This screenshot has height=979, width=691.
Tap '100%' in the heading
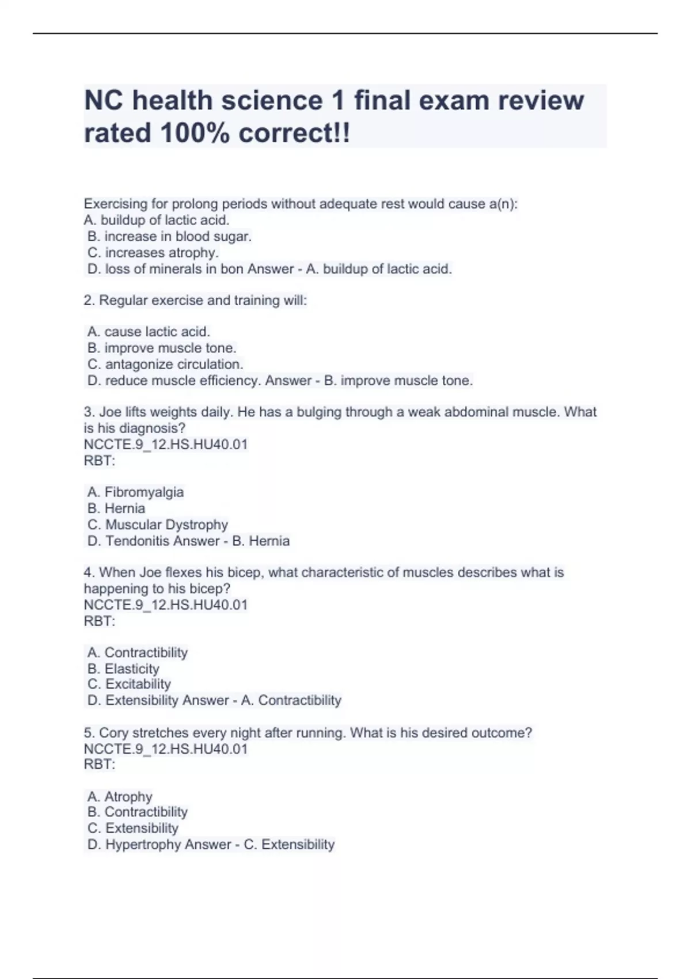(195, 134)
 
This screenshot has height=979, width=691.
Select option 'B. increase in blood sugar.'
(169, 237)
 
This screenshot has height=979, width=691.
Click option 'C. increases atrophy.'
(153, 253)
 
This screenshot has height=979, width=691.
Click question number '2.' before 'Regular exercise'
(89, 301)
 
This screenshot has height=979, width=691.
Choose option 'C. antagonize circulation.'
(165, 365)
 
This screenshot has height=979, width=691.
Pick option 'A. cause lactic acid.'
(149, 332)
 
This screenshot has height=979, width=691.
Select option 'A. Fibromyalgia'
(135, 492)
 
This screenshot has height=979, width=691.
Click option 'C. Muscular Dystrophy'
(158, 525)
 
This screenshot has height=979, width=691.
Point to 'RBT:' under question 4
(100, 621)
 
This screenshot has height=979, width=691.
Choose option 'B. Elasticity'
(123, 669)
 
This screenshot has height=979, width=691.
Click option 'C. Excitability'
(129, 684)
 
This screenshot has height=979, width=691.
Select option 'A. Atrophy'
(120, 797)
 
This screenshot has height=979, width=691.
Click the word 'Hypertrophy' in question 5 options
(139, 845)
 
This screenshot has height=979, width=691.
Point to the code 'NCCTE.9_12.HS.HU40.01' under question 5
(166, 749)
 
